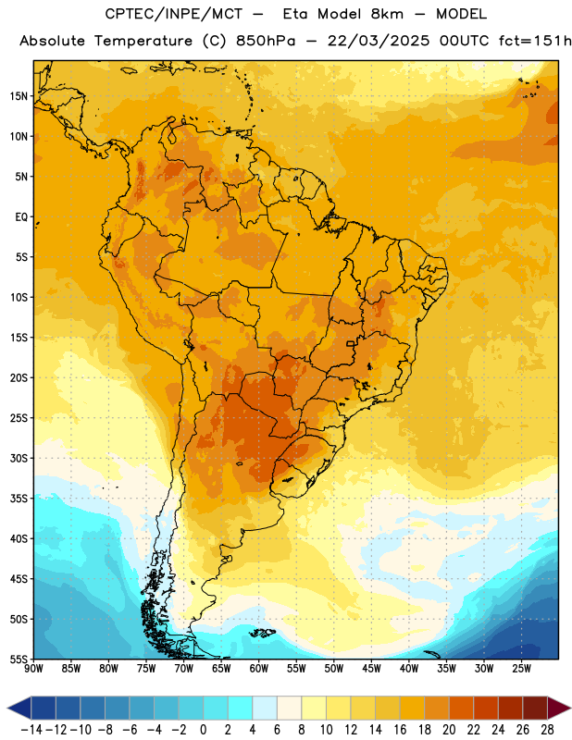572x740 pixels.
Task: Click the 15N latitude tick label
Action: point(19,96)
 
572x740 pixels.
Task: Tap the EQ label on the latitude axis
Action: point(21,217)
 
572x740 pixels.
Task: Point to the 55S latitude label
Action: point(19,659)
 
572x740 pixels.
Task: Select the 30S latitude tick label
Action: point(19,458)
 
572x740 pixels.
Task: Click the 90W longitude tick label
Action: point(33,669)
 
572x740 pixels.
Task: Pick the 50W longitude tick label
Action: point(334,669)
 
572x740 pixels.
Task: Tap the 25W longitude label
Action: point(521,669)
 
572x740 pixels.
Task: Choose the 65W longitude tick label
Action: point(221,669)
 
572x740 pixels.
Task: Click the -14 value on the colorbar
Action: point(31,730)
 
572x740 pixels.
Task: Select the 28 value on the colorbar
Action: point(547,730)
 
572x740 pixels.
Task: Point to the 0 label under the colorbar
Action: point(203,730)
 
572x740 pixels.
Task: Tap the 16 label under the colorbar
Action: point(400,730)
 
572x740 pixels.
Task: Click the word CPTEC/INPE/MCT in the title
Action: point(174,14)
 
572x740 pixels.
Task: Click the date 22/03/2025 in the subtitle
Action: point(379,41)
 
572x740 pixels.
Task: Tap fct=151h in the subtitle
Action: point(536,41)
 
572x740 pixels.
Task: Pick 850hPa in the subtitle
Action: point(266,42)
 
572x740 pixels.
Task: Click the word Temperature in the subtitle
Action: point(143,42)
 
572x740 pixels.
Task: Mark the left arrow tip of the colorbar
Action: point(7,709)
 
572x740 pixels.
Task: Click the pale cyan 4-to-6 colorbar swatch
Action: point(265,709)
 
